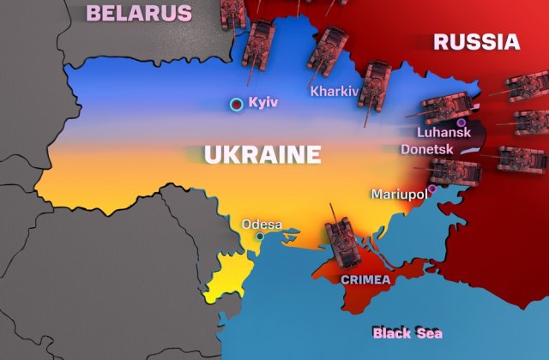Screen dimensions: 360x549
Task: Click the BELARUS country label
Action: click(139, 13)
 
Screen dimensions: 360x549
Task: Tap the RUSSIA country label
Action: click(476, 41)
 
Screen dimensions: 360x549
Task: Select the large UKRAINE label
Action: click(262, 155)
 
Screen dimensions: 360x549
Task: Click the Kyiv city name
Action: click(263, 103)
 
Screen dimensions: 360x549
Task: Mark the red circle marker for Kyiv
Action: click(236, 105)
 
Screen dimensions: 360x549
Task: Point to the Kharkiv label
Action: click(334, 91)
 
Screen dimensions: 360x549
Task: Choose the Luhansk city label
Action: click(443, 133)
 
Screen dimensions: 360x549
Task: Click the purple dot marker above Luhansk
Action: click(462, 123)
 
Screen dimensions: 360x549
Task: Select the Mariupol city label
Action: click(399, 195)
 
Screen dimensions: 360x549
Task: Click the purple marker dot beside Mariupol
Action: click(432, 189)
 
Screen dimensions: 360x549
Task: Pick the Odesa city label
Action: click(262, 225)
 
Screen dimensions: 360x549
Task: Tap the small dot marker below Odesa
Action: click(260, 236)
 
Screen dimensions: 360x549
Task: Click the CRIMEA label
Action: click(365, 279)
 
